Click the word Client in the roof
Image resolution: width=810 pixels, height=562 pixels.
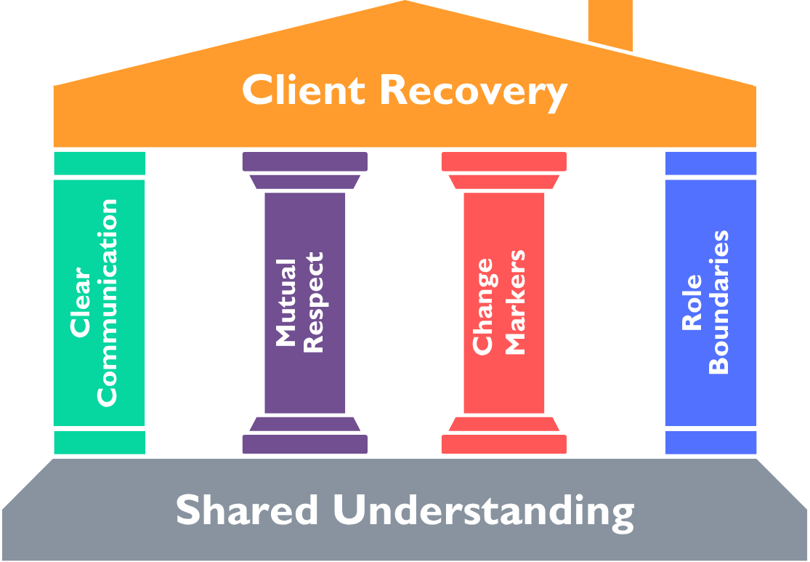(304, 89)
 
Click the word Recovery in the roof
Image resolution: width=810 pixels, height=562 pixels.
(474, 93)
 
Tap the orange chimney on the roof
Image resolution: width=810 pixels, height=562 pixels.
(610, 25)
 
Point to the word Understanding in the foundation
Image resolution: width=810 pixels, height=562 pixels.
(484, 513)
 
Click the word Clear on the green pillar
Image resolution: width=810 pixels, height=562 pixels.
(80, 302)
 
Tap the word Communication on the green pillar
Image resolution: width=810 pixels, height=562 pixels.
(107, 303)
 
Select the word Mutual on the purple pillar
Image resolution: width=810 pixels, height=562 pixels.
(286, 302)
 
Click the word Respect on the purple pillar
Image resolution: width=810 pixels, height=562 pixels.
(313, 302)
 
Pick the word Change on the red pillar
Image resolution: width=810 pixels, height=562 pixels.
(483, 307)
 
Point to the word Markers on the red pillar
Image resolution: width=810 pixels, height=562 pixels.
(514, 302)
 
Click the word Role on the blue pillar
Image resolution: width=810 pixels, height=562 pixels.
(692, 302)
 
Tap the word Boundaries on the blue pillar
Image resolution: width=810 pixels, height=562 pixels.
(718, 302)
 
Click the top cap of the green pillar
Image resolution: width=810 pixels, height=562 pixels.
(100, 164)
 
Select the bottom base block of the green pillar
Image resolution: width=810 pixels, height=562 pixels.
(100, 443)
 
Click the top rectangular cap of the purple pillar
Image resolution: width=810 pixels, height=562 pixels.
(305, 161)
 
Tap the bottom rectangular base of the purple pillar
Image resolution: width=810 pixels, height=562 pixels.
(305, 444)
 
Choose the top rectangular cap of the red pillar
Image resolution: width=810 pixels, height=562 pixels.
(504, 161)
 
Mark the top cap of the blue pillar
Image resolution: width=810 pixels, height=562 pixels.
(710, 164)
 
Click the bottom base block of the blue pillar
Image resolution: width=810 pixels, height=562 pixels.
(710, 443)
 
